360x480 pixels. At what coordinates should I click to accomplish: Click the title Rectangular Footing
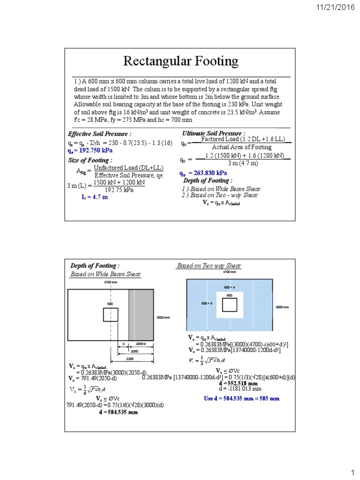pyautogui.click(x=180, y=61)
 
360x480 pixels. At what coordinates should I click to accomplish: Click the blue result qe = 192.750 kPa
pyautogui.click(x=90, y=150)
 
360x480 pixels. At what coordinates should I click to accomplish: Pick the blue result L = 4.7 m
pyautogui.click(x=95, y=197)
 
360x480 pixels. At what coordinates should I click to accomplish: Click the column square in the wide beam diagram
pyautogui.click(x=111, y=315)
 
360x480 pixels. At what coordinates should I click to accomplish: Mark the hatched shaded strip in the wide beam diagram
pyautogui.click(x=141, y=315)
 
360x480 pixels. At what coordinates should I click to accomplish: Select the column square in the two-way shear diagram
pyautogui.click(x=230, y=305)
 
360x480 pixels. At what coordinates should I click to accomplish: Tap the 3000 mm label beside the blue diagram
pyautogui.click(x=282, y=307)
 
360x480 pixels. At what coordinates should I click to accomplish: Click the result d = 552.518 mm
pyautogui.click(x=238, y=383)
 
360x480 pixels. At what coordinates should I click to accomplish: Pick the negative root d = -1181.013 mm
pyautogui.click(x=240, y=389)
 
